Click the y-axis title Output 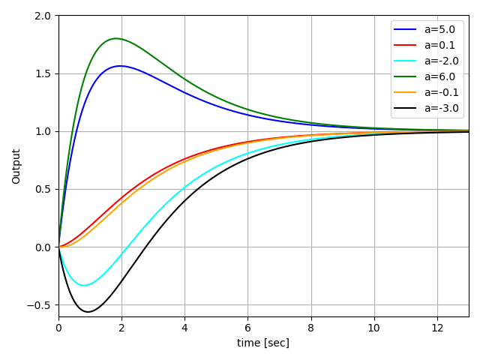pyautogui.click(x=16, y=166)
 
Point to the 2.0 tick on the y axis pyautogui.click(x=43, y=16)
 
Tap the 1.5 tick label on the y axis pyautogui.click(x=43, y=73)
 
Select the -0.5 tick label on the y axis pyautogui.click(x=39, y=305)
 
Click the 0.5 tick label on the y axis pyautogui.click(x=43, y=189)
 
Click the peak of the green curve pyautogui.click(x=115, y=38)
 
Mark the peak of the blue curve pyautogui.click(x=120, y=66)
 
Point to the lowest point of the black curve pyautogui.click(x=88, y=312)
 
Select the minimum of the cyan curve pyautogui.click(x=84, y=285)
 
